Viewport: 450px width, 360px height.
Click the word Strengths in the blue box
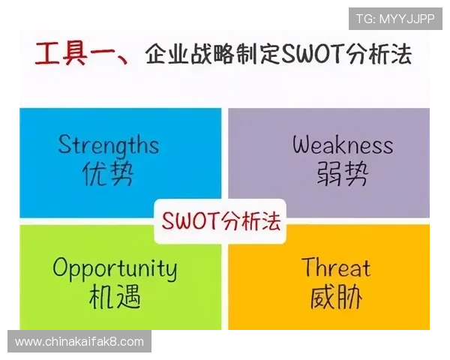pos(108,144)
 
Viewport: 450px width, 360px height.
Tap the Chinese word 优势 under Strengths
pos(108,174)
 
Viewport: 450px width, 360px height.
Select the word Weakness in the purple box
pos(342,144)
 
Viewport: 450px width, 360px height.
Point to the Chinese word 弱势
pos(342,174)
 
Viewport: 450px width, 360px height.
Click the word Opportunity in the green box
pos(115,268)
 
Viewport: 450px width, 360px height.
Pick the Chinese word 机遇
pos(114,298)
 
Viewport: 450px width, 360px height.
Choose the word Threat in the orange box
pos(336,268)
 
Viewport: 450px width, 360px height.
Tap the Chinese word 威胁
pos(336,298)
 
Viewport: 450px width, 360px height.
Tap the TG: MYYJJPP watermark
pos(395,18)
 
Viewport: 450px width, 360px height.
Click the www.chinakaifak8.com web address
pos(79,342)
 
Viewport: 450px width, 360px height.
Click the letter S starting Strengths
pos(64,144)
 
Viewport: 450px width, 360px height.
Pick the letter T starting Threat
pos(309,267)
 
